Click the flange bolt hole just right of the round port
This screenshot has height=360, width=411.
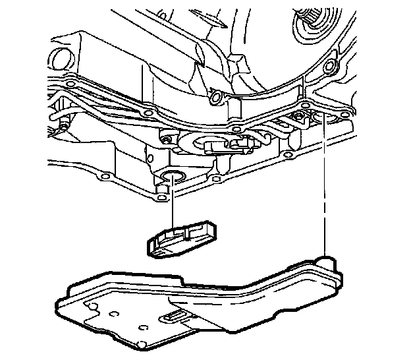tap(216, 179)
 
